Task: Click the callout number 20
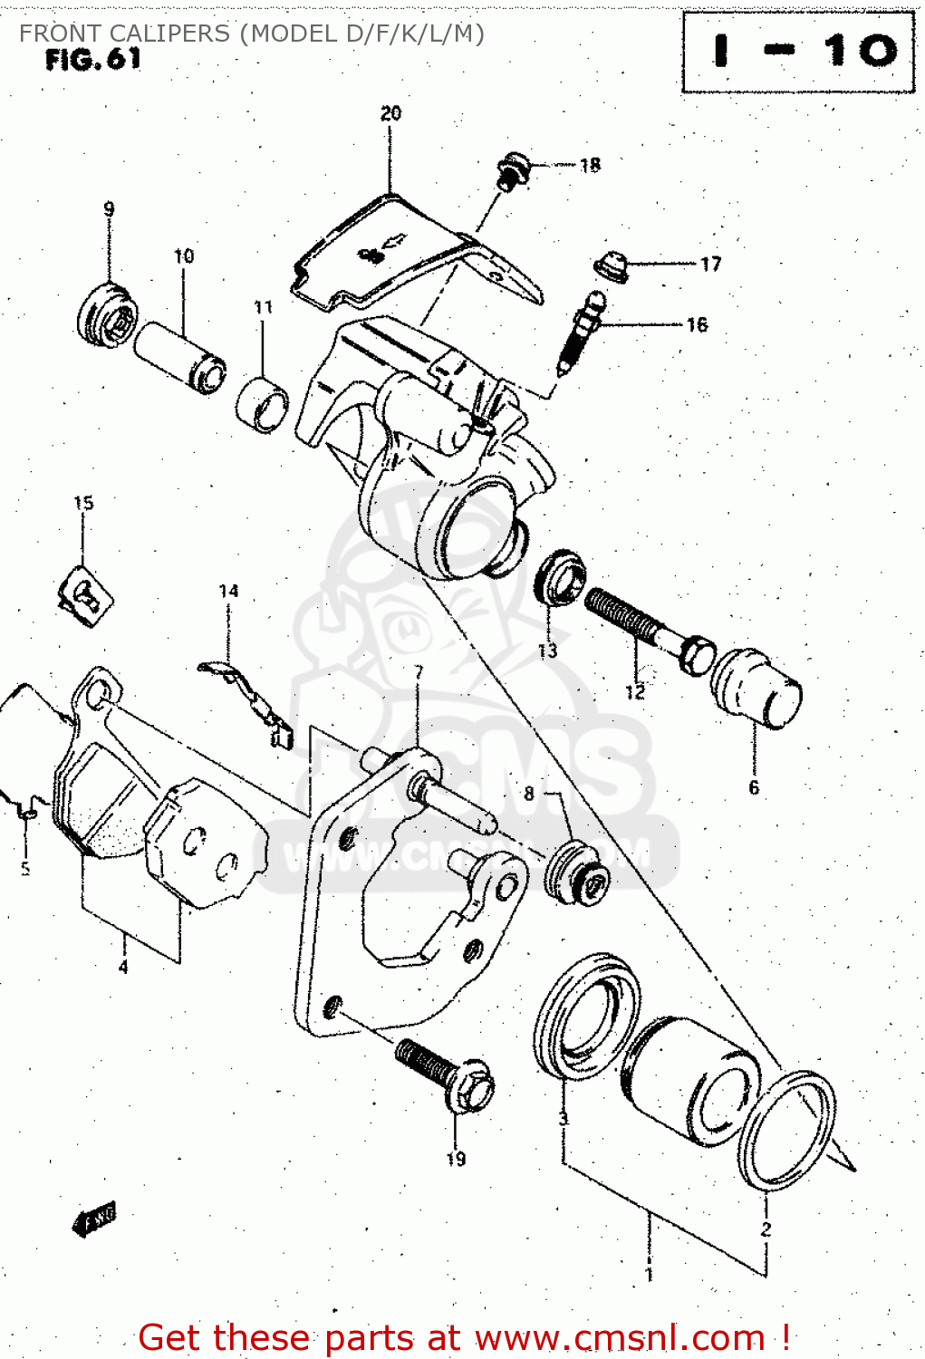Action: (x=390, y=113)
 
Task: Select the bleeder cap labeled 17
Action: (x=612, y=266)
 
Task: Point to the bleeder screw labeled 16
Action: (x=580, y=331)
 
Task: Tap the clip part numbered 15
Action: (x=85, y=593)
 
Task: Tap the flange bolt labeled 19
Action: (x=444, y=1074)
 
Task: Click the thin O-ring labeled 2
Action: (x=785, y=1129)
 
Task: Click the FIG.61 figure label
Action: (x=93, y=60)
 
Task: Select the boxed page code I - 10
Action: (x=798, y=52)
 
